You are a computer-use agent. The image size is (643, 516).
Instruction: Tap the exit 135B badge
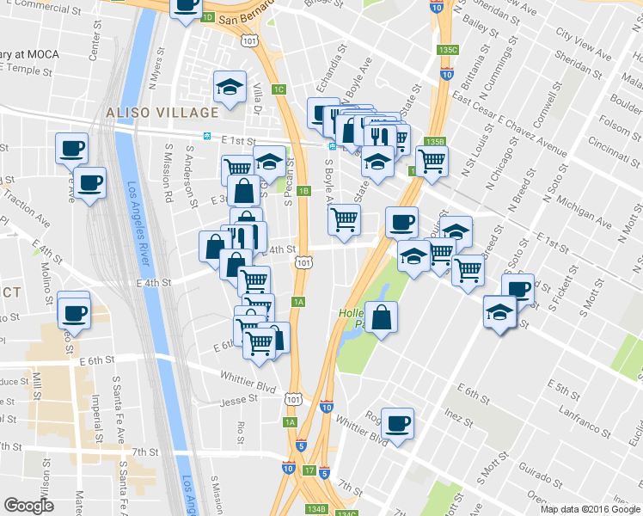(435, 142)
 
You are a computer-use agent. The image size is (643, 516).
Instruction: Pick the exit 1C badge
(279, 89)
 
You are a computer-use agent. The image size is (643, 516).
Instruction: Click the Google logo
(28, 506)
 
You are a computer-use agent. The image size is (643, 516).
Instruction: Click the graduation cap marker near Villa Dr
(230, 87)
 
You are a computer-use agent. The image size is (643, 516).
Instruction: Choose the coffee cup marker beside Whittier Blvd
(397, 422)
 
